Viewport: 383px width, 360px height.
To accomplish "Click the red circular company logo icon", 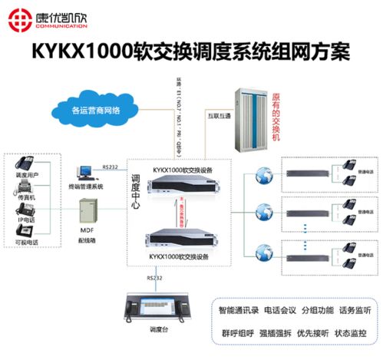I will (x=16, y=16).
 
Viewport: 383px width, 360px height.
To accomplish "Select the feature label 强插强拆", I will (x=279, y=335).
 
